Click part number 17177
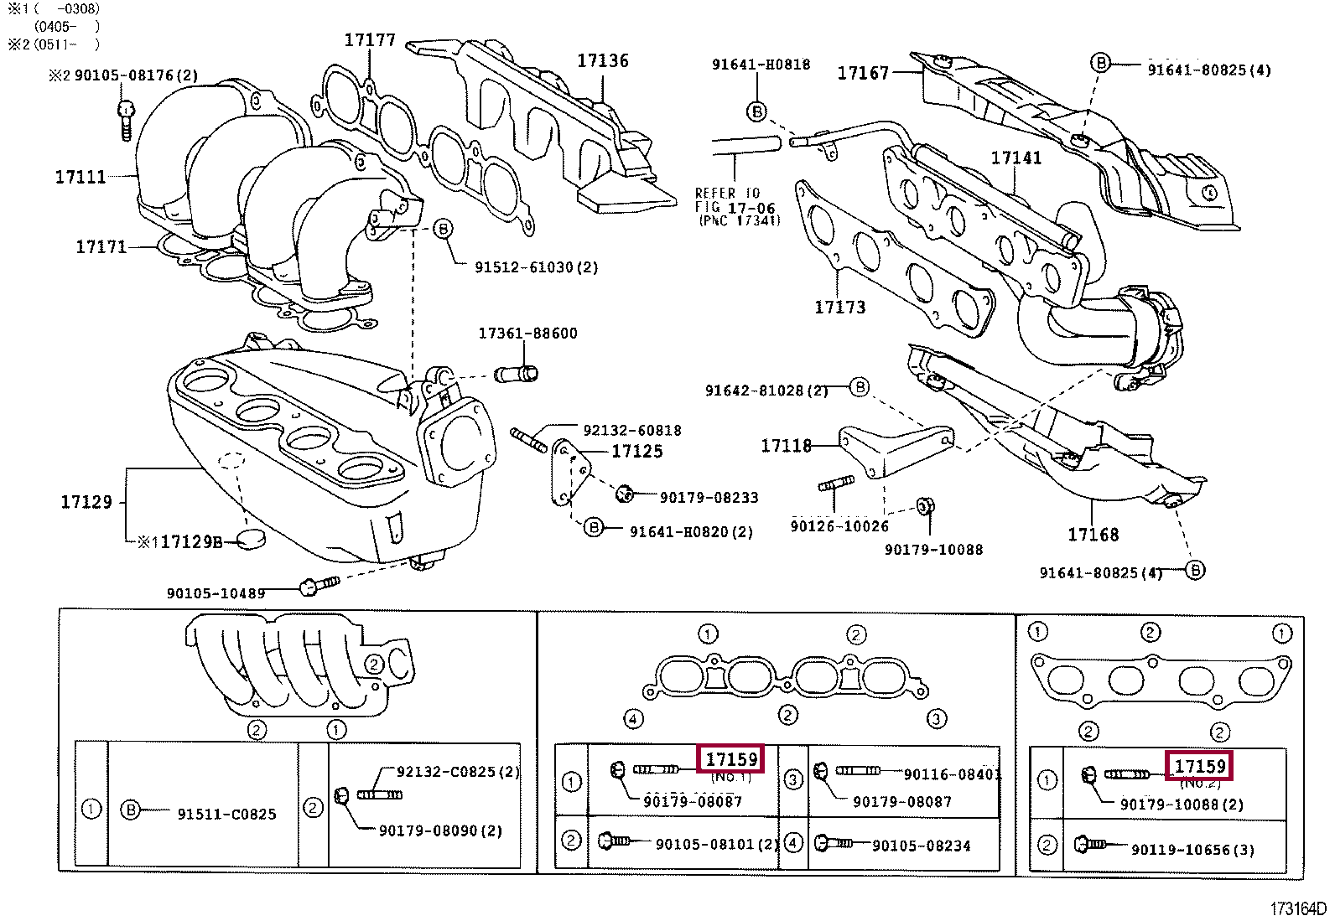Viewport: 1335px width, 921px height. point(369,40)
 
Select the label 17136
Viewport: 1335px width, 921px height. point(602,60)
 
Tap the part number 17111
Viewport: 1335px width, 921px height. point(81,177)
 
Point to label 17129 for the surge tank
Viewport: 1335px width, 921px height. point(86,502)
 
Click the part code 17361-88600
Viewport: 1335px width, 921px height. point(527,334)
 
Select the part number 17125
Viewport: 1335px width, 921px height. point(636,452)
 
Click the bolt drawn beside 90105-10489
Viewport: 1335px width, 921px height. point(319,585)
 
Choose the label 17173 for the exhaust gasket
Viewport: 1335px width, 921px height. point(839,308)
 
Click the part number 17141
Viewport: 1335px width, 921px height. point(1016,158)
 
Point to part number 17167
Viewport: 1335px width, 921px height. point(863,73)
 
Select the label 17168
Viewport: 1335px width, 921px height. point(1093,534)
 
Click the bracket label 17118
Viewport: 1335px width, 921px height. point(786,446)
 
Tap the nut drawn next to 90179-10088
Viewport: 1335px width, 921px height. point(926,507)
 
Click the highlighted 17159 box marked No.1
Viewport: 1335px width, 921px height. point(731,759)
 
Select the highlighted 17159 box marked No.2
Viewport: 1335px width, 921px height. point(1200,766)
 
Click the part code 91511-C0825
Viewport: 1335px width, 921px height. point(226,814)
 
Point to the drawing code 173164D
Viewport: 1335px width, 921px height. point(1297,909)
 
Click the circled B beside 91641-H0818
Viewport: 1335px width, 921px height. point(756,111)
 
